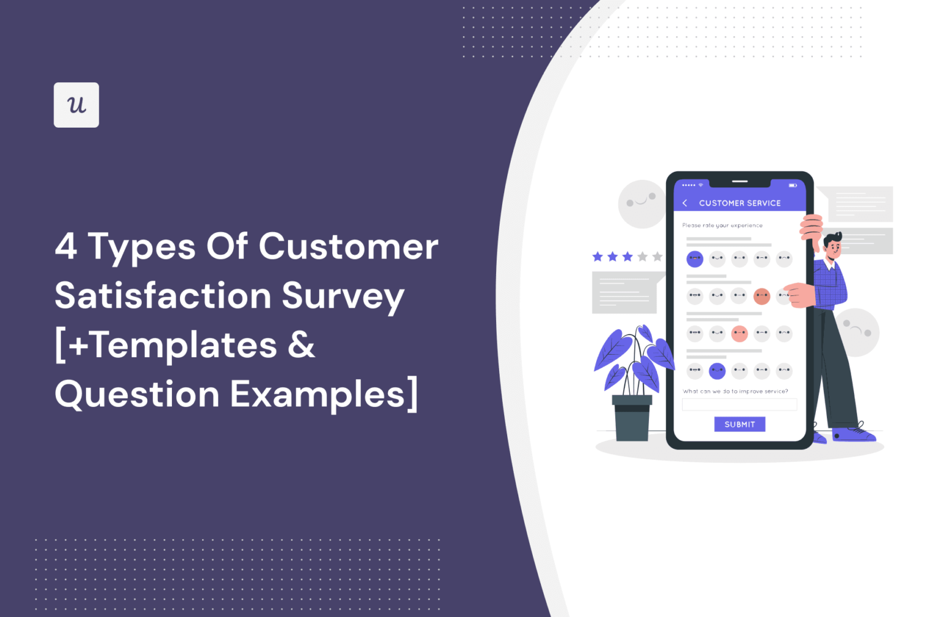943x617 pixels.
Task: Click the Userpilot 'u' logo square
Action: tap(76, 105)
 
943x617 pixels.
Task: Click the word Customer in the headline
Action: tap(348, 247)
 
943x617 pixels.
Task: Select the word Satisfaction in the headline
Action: tap(163, 296)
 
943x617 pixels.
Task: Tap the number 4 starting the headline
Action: tap(66, 247)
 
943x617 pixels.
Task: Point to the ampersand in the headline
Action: tap(301, 345)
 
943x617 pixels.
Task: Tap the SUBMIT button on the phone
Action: tap(739, 424)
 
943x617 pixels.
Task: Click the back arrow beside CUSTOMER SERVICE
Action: tap(685, 203)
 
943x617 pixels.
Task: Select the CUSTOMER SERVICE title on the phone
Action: tap(740, 203)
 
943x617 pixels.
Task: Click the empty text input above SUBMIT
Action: tap(739, 405)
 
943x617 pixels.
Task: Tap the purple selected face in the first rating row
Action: tap(694, 259)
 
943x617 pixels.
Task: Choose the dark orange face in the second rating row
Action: tap(761, 297)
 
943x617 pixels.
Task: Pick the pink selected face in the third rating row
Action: tap(739, 334)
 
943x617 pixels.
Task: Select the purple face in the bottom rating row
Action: tap(717, 371)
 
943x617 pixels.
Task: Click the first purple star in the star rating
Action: tap(597, 257)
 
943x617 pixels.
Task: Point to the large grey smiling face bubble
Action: tap(642, 204)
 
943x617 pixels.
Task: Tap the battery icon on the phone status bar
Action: tap(793, 185)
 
